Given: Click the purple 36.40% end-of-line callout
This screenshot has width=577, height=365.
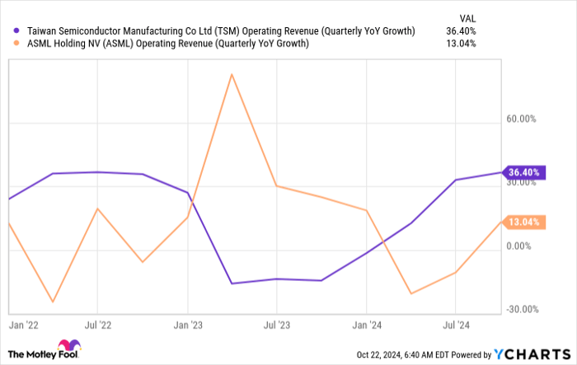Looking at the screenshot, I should (523, 172).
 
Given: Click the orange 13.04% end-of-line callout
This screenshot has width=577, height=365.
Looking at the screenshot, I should (523, 222).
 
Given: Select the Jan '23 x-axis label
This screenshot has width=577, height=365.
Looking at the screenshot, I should (188, 325).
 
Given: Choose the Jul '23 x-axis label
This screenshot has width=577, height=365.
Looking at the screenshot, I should (276, 325).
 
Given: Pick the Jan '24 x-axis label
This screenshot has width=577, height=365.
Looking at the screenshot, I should (367, 325).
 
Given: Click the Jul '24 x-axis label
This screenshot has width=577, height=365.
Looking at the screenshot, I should (456, 325).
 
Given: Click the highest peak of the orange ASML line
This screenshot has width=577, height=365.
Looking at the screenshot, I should (232, 74).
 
